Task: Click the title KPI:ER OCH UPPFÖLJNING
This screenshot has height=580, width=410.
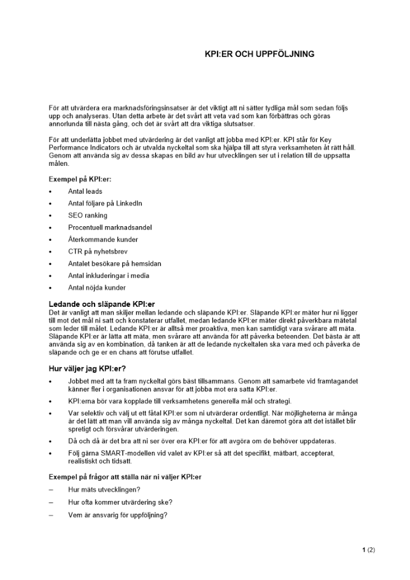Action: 259,54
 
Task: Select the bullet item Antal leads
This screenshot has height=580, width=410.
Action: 85,191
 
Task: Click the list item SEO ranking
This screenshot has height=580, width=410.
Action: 88,216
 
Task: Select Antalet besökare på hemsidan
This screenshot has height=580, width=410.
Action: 114,264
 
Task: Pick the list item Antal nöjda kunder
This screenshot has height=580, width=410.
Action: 96,288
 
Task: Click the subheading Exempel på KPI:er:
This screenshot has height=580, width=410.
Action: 80,179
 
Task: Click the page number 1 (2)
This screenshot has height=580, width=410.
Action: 368,550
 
